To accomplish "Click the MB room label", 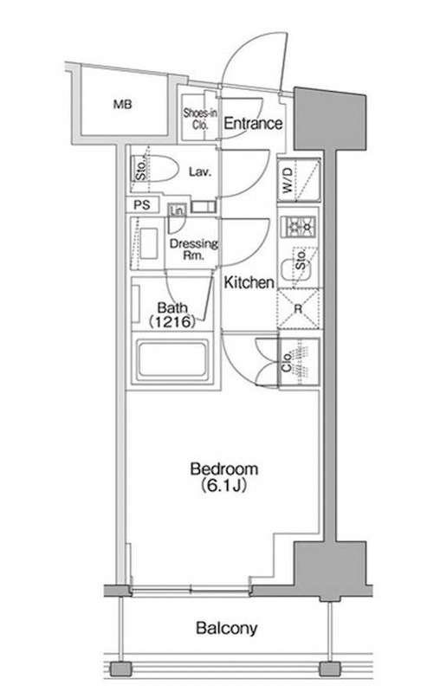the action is pos(122,105).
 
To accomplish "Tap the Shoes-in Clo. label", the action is pos(200,119).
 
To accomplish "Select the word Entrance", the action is pos(253,123).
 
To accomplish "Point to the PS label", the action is pos(142,205).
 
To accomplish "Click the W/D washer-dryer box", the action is pos(298,180).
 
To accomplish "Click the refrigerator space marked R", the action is pos(299,309).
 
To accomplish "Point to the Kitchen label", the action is pos(249,282).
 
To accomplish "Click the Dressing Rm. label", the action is pos(194,249).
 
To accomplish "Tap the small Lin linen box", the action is pos(177,210).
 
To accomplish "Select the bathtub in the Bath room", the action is pos(172,359).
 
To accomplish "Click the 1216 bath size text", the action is pos(171,321).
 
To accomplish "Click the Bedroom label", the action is pos(224,469).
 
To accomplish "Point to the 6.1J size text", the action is pos(223,485).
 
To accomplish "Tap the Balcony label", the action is pos(227,628).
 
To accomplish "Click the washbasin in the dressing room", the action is pos(149,243).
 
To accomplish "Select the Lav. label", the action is pos(199,171).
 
